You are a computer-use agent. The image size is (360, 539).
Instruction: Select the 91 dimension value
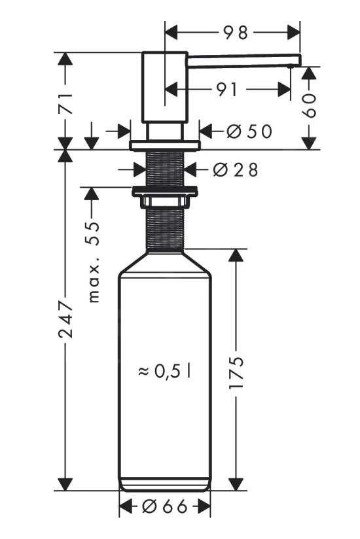[x=227, y=90]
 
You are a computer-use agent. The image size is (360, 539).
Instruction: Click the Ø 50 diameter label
[x=249, y=131]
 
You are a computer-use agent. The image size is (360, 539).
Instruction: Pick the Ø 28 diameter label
[x=236, y=170]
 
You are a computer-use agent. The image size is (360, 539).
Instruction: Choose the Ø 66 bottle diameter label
[x=165, y=506]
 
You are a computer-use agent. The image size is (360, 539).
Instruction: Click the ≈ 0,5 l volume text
[x=164, y=372]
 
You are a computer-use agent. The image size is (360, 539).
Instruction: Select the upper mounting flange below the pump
[x=164, y=144]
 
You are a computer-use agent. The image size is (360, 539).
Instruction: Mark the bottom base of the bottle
[x=165, y=485]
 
